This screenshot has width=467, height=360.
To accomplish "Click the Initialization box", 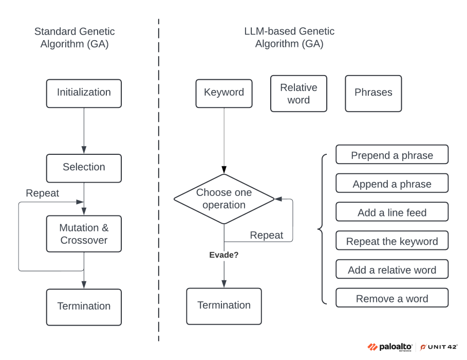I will [84, 93].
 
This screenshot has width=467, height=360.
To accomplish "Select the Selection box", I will [84, 168].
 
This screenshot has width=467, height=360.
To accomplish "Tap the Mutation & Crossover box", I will [84, 234].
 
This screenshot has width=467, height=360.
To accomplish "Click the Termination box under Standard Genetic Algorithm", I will [84, 307].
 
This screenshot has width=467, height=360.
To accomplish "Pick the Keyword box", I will [224, 93].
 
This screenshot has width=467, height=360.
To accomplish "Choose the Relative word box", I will [298, 94].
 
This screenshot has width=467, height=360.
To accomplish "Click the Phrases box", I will [373, 93].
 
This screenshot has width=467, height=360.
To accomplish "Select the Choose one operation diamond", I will [224, 199].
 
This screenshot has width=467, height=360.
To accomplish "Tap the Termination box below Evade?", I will [224, 305].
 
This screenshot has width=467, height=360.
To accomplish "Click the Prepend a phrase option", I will [391, 155].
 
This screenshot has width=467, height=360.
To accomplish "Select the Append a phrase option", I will [391, 184].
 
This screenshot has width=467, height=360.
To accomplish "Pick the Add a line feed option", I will [391, 212].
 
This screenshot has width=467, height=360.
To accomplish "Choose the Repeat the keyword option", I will [391, 241].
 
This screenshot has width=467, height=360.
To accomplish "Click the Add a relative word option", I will [391, 269].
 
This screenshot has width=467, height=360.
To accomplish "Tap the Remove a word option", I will [391, 298].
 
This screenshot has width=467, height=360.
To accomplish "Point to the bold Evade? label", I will [223, 254].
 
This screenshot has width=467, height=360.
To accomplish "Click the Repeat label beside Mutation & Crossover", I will [42, 193].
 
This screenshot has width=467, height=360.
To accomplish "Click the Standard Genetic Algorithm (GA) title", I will [74, 38].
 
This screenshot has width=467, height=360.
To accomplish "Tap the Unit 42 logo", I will [439, 347].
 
